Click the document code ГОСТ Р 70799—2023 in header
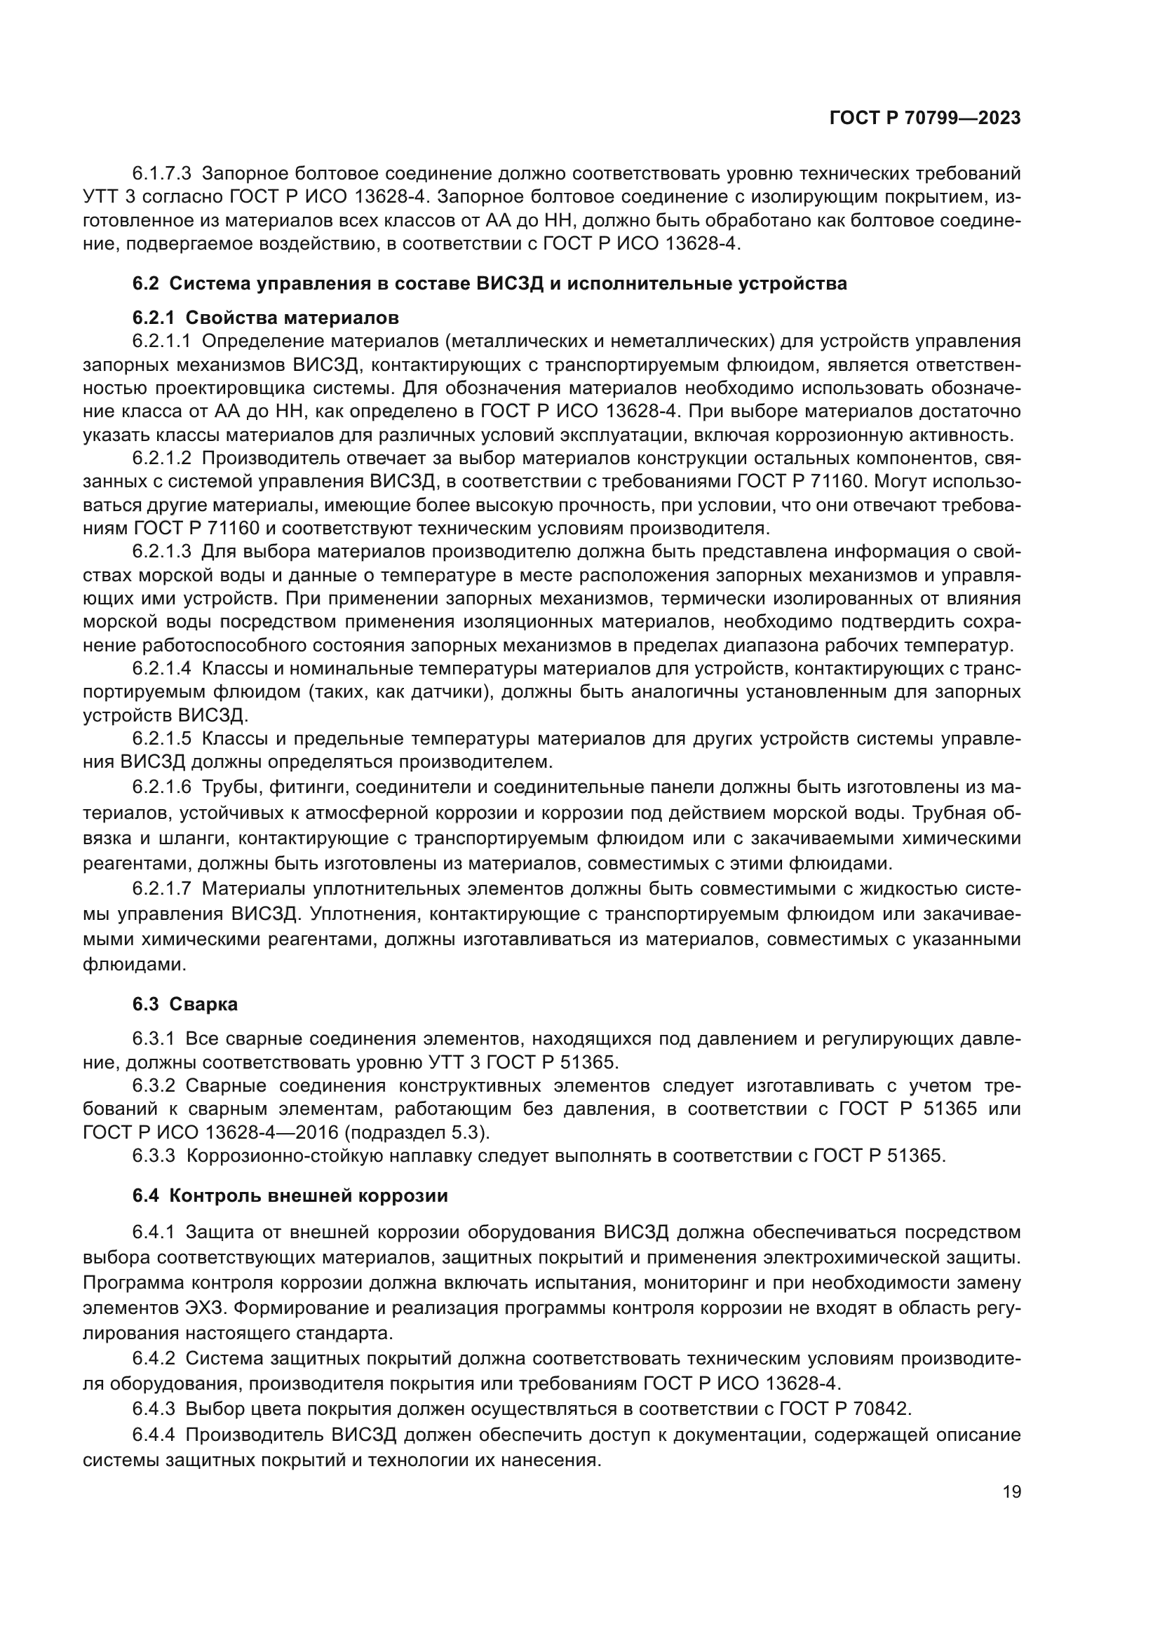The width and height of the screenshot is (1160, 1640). (x=924, y=118)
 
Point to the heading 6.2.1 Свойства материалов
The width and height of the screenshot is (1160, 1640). (x=265, y=317)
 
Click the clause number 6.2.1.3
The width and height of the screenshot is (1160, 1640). (x=161, y=551)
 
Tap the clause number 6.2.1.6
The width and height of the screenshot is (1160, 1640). (x=161, y=787)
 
